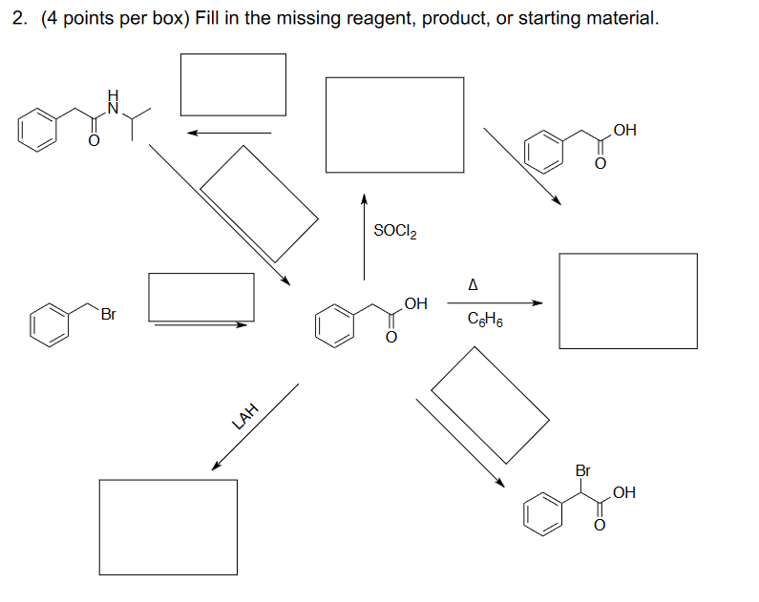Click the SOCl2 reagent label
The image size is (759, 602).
click(395, 231)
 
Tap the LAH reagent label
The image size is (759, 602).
click(245, 415)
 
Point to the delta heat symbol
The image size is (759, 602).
click(474, 284)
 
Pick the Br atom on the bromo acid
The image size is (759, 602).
click(583, 470)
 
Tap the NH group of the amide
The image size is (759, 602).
click(114, 102)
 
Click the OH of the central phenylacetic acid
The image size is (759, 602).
click(416, 304)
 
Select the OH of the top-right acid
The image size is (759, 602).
click(625, 130)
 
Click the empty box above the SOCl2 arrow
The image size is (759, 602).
click(394, 125)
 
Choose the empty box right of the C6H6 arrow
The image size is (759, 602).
click(627, 301)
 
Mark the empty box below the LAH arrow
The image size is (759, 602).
click(168, 527)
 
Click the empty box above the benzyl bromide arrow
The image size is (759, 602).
click(201, 297)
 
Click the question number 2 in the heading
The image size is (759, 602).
click(19, 19)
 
